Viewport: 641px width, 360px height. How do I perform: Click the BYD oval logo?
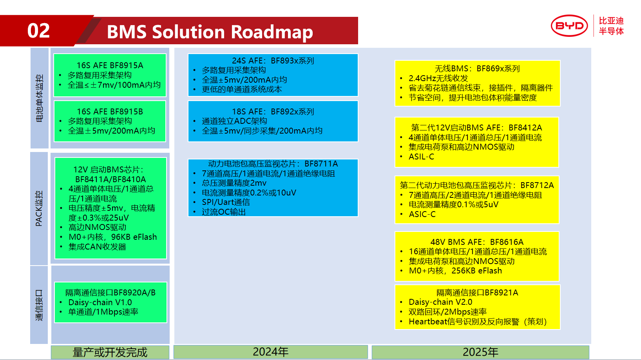(569, 26)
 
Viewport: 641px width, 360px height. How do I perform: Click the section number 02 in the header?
(38, 31)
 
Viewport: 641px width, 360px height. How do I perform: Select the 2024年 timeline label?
(270, 352)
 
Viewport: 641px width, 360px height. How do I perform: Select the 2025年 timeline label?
(480, 352)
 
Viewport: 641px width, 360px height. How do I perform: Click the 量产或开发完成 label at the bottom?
(110, 352)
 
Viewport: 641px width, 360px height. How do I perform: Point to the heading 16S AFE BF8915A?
(110, 65)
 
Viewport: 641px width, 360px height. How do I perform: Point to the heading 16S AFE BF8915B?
(110, 112)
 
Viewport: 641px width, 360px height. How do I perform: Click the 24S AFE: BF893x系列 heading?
(273, 61)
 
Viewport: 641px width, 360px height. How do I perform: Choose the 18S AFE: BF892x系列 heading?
(273, 112)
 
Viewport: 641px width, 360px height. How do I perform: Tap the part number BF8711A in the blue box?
(321, 164)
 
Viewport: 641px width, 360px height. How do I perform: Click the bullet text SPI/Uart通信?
(226, 202)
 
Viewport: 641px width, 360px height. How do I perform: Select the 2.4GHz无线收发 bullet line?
(438, 78)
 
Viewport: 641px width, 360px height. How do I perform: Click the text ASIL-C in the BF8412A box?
(421, 157)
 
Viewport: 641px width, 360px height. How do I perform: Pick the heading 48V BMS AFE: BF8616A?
(477, 242)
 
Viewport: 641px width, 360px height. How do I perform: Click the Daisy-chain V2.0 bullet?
(440, 302)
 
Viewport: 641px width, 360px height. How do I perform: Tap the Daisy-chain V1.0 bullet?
(100, 302)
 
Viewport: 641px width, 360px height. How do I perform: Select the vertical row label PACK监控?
(39, 208)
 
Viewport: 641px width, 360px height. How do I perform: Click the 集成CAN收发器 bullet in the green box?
(97, 247)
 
